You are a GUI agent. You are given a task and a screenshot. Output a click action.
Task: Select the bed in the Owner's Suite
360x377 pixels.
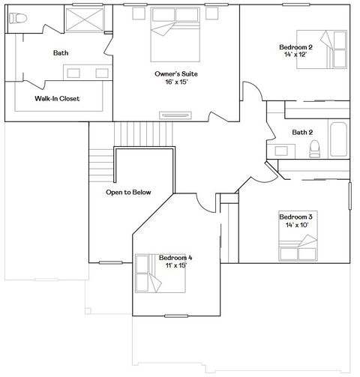(176, 37)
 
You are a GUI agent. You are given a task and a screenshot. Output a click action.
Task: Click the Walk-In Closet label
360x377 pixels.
(57, 98)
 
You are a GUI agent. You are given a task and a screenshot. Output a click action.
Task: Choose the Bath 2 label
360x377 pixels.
(302, 133)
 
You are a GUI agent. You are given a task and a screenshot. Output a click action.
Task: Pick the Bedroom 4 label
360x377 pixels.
(175, 258)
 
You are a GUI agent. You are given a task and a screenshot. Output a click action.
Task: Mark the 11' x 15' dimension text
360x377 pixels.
(175, 265)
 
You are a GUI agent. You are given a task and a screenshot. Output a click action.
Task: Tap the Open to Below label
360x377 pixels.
(128, 193)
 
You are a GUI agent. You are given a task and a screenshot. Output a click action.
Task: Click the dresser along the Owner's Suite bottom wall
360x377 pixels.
(176, 115)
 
